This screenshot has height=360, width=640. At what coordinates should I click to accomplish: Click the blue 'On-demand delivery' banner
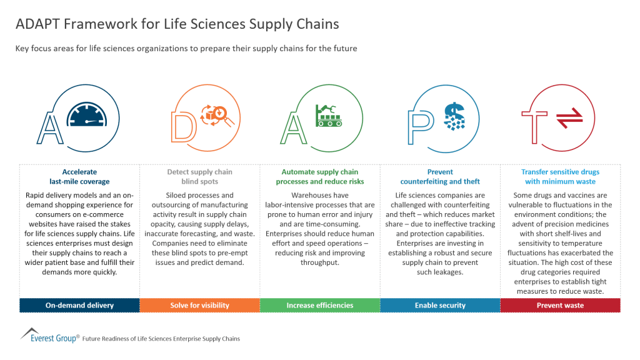point(79,305)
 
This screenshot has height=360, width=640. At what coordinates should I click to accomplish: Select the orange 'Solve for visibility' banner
point(199,305)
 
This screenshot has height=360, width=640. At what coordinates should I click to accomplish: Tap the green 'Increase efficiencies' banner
point(319,305)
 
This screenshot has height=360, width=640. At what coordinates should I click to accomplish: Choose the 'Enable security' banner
point(440,305)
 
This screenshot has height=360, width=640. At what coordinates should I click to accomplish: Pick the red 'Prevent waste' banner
point(560,305)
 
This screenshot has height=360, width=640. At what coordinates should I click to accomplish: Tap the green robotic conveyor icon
point(329,114)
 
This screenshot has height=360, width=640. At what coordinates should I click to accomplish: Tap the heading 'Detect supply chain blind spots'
point(199,177)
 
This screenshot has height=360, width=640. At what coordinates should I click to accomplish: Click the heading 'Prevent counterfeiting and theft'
point(440,177)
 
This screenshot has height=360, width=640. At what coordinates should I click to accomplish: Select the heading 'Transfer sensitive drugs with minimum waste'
point(560,177)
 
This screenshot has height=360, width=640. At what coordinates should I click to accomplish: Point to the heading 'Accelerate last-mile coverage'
point(79,177)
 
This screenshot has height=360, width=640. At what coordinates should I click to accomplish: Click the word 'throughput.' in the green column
point(319,263)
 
